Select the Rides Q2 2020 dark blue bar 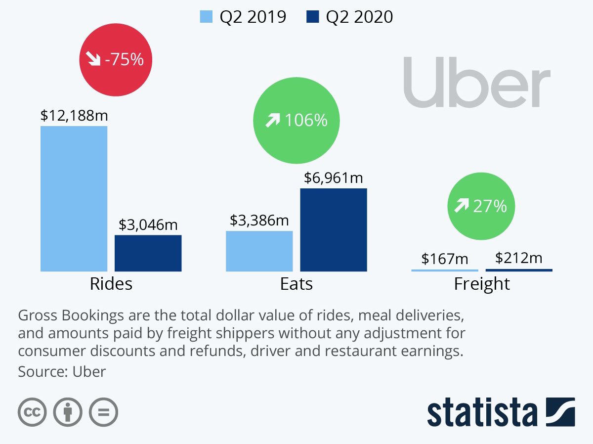pos(148,253)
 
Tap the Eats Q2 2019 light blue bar pos(259,251)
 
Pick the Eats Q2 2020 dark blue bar pos(334,230)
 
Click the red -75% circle pos(116,60)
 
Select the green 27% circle pos(481,206)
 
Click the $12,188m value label pos(74,116)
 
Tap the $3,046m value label pos(148,225)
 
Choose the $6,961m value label pos(334,178)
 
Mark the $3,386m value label pos(259,221)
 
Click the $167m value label pos(445,259)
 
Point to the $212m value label pos(519,258)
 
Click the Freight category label pos(482,284)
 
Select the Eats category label pos(296,284)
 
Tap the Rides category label pos(111,284)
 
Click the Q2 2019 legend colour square pos(206,17)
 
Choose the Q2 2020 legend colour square pos(312,17)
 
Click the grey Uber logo pos(477,82)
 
